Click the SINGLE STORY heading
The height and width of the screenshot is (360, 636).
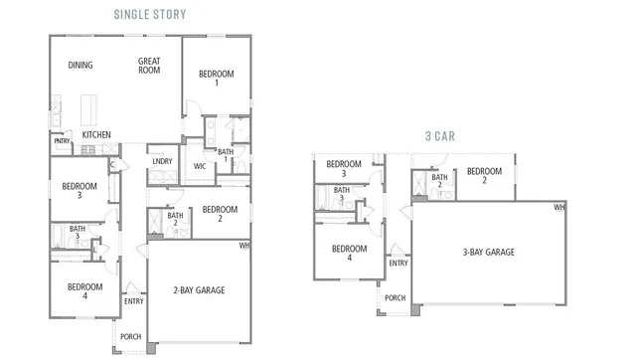(149, 14)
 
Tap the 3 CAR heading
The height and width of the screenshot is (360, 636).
(439, 136)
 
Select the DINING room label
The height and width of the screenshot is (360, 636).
(80, 66)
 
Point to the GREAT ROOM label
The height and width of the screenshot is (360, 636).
(149, 66)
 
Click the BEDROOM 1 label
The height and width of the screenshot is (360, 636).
(216, 79)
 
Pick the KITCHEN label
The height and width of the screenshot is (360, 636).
(95, 135)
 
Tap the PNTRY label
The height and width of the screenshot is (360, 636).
(62, 141)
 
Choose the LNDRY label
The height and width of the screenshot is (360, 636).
(161, 161)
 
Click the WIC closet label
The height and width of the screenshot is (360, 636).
(200, 166)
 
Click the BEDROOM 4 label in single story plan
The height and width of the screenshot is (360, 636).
(84, 292)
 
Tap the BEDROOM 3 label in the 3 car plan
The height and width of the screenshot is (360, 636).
(344, 164)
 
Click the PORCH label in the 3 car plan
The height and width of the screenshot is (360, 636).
(395, 297)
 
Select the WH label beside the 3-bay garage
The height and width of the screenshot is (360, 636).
(558, 207)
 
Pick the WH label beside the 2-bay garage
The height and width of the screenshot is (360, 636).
(245, 245)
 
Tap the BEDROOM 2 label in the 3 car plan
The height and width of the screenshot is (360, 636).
(484, 175)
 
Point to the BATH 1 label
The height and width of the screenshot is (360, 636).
(226, 156)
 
